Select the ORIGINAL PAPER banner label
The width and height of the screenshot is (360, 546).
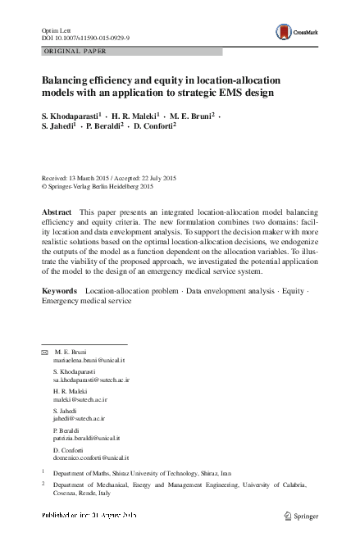coord(74,51)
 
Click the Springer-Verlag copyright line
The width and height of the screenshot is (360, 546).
coord(103,186)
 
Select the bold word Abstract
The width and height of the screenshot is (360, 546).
coord(57,212)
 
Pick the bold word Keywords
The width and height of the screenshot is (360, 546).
coord(60,291)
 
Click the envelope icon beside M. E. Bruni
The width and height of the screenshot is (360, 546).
coord(45,351)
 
